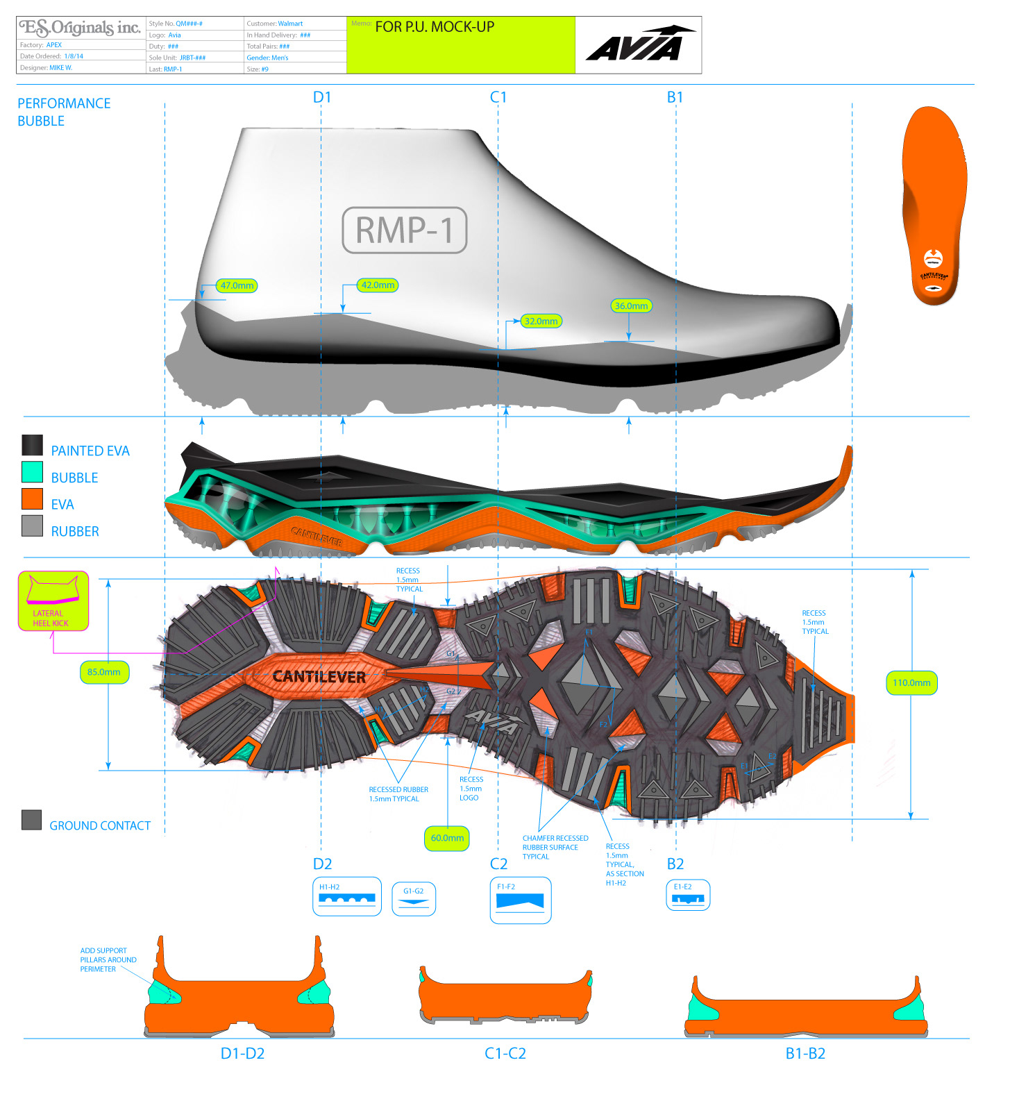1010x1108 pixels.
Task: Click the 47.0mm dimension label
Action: click(x=237, y=285)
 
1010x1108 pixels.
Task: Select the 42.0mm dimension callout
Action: click(x=378, y=285)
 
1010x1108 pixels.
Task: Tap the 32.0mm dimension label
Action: click(x=541, y=321)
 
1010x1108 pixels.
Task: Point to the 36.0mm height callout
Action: click(x=631, y=305)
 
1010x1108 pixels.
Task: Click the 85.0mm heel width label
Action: click(x=104, y=672)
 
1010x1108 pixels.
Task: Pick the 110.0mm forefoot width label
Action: click(x=911, y=682)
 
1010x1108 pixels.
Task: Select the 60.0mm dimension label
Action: click(x=447, y=838)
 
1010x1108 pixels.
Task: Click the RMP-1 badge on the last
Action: click(x=405, y=230)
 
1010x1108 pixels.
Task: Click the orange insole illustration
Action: click(x=935, y=205)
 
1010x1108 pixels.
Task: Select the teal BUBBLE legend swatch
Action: click(x=32, y=472)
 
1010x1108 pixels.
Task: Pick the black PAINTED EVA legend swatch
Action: click(x=32, y=445)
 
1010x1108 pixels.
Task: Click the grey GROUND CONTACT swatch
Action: click(x=31, y=820)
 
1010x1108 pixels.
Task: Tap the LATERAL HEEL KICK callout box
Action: click(x=53, y=601)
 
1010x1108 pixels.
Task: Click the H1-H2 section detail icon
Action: click(x=347, y=896)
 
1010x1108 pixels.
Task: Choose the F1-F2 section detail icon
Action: click(x=521, y=900)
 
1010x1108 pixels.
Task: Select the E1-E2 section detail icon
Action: click(x=688, y=896)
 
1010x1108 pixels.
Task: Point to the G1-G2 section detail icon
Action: click(x=414, y=898)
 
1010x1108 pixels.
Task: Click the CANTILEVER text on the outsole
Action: click(x=319, y=677)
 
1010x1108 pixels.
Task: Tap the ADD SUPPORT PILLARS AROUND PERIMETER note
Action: click(x=108, y=959)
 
